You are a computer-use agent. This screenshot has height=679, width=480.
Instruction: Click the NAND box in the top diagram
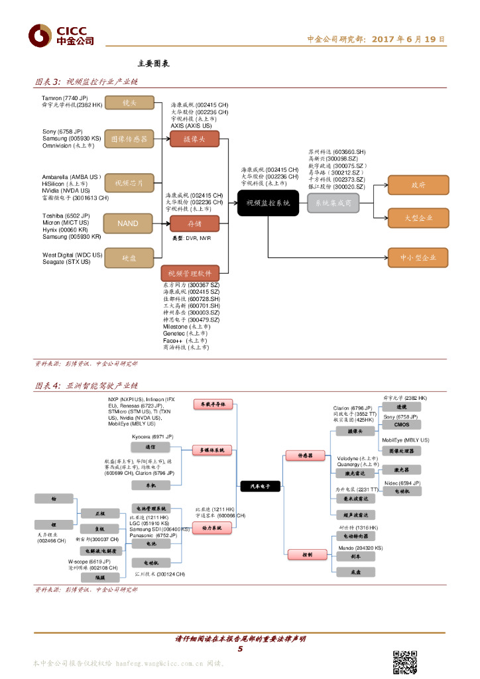pos(128,223)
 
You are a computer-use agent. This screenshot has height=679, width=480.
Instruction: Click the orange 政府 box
pos(418,185)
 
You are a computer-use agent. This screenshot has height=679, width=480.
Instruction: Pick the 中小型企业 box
pos(418,258)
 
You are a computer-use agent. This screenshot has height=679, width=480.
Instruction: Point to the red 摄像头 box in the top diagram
pos(194,139)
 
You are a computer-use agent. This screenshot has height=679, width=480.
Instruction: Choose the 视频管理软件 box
pos(190,273)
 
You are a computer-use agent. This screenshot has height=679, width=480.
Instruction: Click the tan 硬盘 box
pos(128,258)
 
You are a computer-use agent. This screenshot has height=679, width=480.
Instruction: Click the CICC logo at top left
pos(60,34)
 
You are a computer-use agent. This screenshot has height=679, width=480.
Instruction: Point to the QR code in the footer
pos(405,661)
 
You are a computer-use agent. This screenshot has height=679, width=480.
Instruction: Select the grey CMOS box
pos(402,424)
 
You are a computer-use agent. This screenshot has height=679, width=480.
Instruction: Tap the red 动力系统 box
pos(212,527)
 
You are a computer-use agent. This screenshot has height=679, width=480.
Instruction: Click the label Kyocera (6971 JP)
pos(152,436)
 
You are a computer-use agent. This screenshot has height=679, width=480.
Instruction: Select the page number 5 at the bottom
pos(240,648)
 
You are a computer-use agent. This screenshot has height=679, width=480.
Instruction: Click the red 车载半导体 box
pos(212,403)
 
